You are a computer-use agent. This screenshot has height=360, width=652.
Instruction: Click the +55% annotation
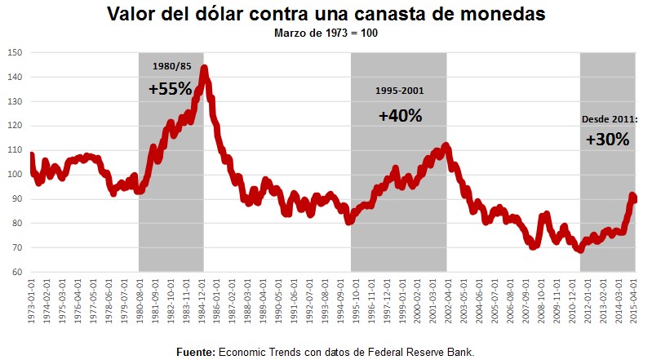point(170,89)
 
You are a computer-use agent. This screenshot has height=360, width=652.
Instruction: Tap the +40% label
point(400,116)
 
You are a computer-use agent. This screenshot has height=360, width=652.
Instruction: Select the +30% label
point(607,140)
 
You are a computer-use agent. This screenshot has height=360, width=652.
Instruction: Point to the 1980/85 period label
point(170,66)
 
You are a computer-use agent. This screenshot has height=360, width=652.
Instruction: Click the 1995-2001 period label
point(400,91)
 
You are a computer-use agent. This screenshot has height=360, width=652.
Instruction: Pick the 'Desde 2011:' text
point(609,118)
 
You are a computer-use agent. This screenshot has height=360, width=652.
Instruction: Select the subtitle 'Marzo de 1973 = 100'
point(326,33)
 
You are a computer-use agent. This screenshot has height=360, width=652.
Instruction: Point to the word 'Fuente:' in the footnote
point(195,352)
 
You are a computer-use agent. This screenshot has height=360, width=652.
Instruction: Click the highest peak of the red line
point(204,68)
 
